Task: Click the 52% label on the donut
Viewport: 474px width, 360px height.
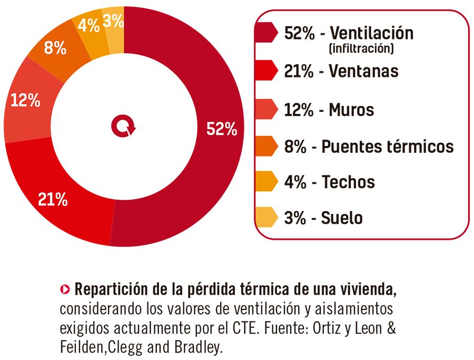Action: pyautogui.click(x=222, y=129)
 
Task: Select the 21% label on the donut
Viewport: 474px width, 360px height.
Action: pyautogui.click(x=53, y=199)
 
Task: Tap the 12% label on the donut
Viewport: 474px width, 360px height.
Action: pyautogui.click(x=25, y=100)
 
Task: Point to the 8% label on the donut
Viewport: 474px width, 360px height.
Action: pyautogui.click(x=55, y=48)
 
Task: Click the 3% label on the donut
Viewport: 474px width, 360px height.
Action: pyautogui.click(x=113, y=21)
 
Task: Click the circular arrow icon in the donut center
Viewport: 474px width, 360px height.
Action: pyautogui.click(x=123, y=127)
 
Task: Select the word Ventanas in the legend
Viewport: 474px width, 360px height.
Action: pyautogui.click(x=363, y=71)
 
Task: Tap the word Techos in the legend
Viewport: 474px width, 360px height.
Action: pyautogui.click(x=348, y=182)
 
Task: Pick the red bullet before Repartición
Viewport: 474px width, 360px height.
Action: pyautogui.click(x=65, y=289)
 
